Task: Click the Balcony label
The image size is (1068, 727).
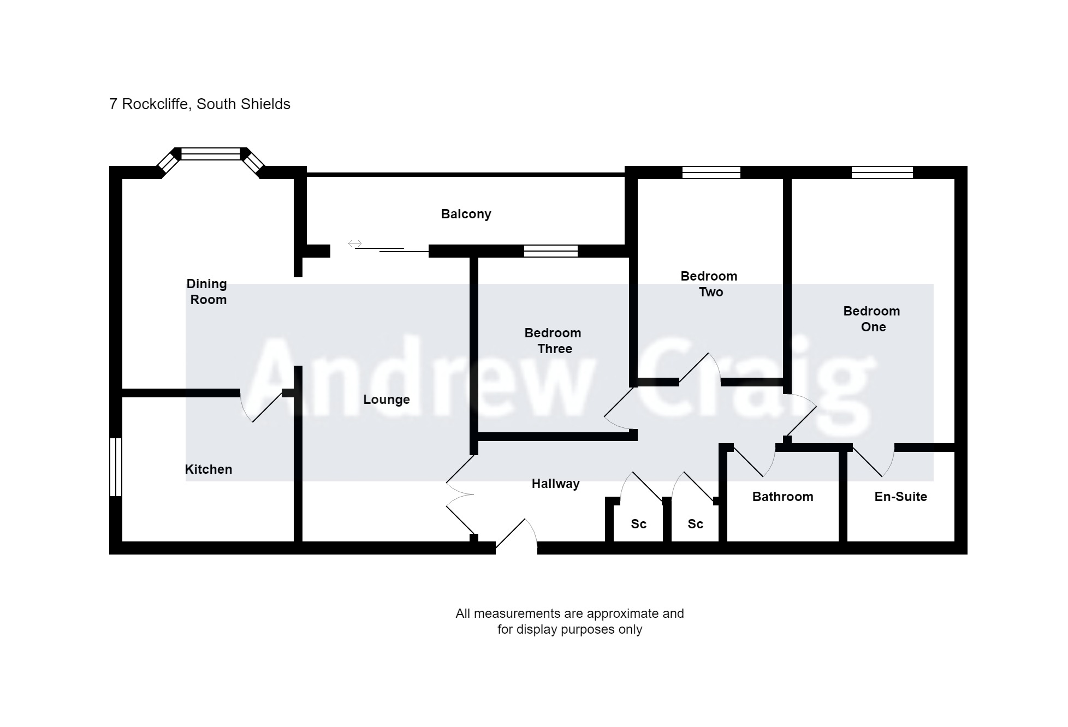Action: coord(466,214)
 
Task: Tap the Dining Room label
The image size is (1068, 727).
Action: coord(207,291)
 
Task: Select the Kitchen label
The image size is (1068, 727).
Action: coord(209,469)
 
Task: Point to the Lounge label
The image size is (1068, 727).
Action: coord(387,400)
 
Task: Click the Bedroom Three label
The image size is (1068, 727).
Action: coord(553,341)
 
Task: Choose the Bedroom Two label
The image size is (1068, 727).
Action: coord(709,284)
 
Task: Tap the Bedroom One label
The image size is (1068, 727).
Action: coord(872,319)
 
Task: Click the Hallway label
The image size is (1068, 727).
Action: coord(555,484)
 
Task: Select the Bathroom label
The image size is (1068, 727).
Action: coord(782,497)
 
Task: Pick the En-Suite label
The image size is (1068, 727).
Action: coord(900,497)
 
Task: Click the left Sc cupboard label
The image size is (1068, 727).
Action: coord(638,524)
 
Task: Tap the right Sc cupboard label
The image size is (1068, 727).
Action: coord(695,524)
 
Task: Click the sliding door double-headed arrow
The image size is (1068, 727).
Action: coord(355,243)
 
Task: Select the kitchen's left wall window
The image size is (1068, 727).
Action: coord(116,467)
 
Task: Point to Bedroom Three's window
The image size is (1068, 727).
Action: coord(550,251)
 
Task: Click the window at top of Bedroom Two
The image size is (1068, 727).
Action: coord(711,172)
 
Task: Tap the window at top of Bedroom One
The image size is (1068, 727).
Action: coord(882,172)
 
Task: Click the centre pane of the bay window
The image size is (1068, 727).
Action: coord(211,154)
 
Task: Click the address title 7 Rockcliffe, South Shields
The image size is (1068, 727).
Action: coord(200,104)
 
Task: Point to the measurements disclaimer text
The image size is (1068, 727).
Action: coord(569,621)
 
